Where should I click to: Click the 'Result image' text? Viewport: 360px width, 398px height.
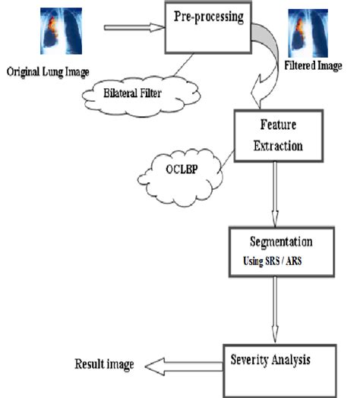(x=103, y=365)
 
